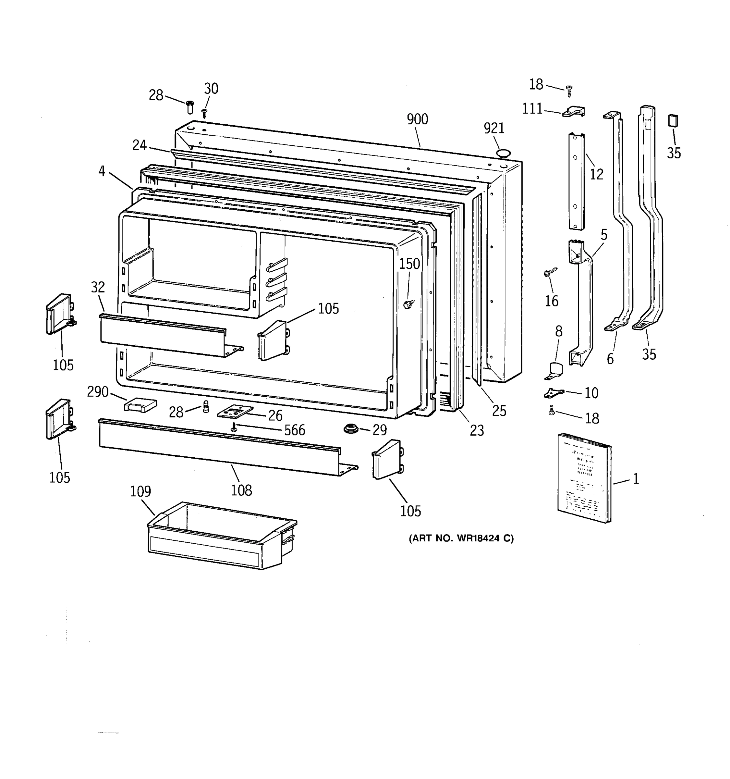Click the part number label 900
[417, 119]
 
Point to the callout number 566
[294, 430]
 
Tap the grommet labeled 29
[351, 428]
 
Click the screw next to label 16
[550, 272]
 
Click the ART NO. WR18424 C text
[461, 538]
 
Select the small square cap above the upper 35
[673, 121]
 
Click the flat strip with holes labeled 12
[576, 181]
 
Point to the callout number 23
[477, 430]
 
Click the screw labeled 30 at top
[204, 113]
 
